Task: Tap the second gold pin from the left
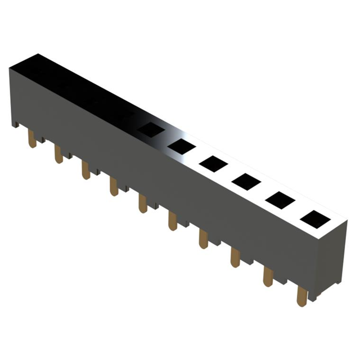58,154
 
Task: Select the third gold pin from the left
85,169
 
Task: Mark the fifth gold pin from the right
173,220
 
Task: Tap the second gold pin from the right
268,277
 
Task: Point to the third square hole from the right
245,181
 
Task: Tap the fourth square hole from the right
213,163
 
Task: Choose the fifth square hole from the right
181,146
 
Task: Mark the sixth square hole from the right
150,129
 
